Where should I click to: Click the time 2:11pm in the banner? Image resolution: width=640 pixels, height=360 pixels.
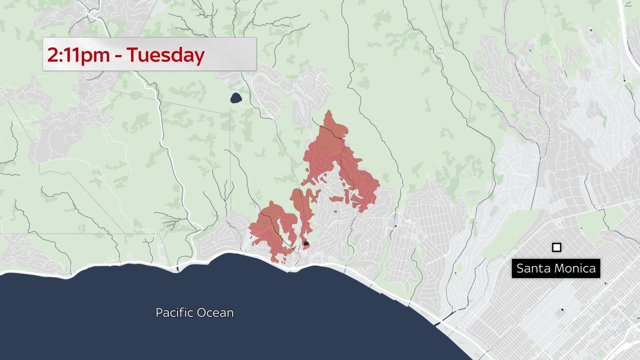coord(78,55)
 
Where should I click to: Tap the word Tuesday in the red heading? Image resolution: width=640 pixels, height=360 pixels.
coord(166,55)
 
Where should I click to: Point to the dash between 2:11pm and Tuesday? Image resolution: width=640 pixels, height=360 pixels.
coord(118,56)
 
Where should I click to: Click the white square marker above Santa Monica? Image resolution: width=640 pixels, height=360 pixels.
coord(556,248)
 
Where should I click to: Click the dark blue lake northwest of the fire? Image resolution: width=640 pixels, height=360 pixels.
coord(236,98)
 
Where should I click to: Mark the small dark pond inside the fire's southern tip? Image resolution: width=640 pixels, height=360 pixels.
coord(306,243)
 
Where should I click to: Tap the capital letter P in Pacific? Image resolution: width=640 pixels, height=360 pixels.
coord(159,312)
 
